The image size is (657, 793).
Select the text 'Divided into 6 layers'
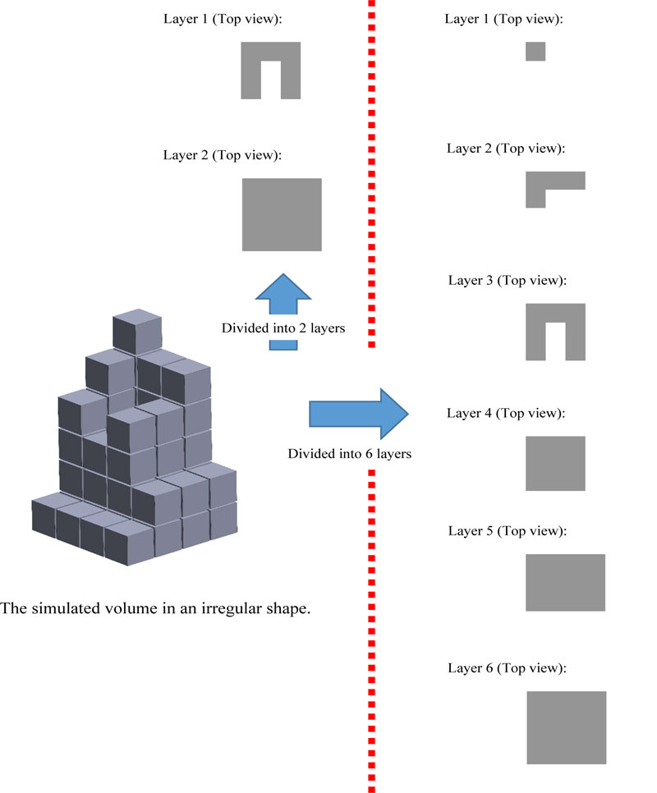point(348,453)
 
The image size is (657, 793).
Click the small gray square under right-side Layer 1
point(535,51)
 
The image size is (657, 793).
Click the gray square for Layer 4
point(555,463)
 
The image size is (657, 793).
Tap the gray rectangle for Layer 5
point(565,582)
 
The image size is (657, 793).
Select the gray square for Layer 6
point(566,727)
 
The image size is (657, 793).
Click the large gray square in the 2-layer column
point(282,214)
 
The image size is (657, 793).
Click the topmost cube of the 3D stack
point(136,331)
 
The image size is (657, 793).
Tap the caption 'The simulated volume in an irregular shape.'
point(156,609)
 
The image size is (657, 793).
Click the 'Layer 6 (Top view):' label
point(508,668)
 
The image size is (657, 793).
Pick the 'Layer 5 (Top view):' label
point(508,531)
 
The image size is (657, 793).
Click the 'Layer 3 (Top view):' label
point(508,281)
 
